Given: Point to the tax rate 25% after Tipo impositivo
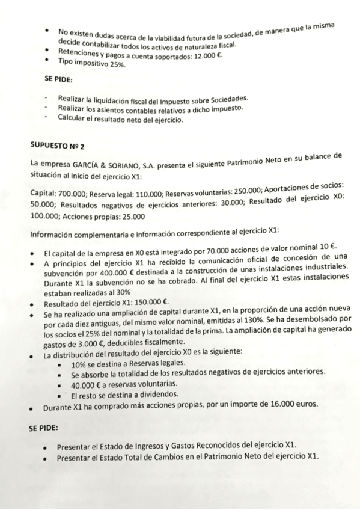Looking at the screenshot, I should point(114,64).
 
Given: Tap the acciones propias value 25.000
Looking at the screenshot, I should point(132,216).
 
